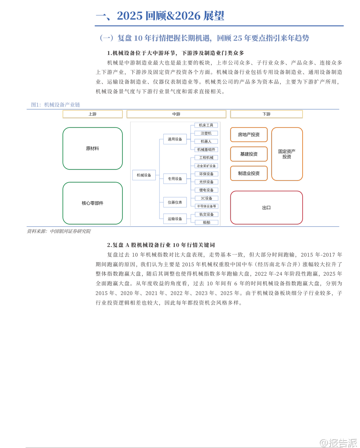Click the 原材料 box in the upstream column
click(92, 148)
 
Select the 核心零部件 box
click(92, 203)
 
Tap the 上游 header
click(92, 114)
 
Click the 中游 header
click(176, 114)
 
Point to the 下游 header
click(266, 114)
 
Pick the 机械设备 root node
click(144, 175)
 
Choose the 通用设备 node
click(175, 139)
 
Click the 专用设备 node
click(175, 179)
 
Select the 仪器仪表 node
click(175, 202)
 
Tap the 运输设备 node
click(175, 219)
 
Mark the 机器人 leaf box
click(206, 142)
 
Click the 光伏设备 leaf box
click(206, 182)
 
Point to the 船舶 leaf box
click(206, 223)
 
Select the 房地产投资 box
click(249, 135)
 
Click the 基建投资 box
click(249, 154)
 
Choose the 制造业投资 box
click(249, 173)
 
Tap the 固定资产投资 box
click(287, 154)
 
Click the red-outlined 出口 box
click(266, 208)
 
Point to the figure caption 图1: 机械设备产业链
click(56, 105)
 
